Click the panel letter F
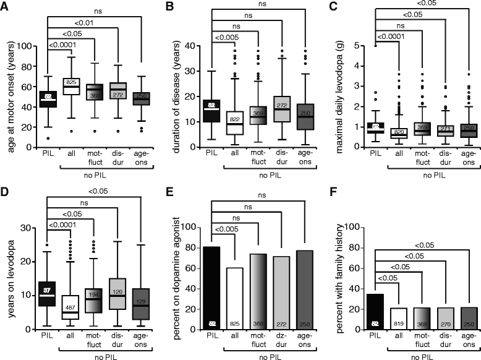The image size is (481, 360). pyautogui.click(x=331, y=191)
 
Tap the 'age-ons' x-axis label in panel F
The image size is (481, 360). pyautogui.click(x=468, y=341)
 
